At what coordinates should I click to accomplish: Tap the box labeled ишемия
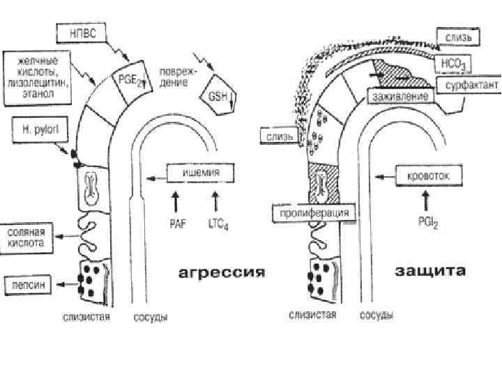pos(201,173)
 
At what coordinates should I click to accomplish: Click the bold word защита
pos(430,270)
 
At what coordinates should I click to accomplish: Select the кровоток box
pos(428,175)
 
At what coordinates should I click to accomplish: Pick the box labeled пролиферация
pos(312,212)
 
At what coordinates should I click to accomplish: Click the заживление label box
pos(400,95)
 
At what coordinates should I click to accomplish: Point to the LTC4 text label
pos(218,224)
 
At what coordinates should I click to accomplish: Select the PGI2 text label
pos(427,223)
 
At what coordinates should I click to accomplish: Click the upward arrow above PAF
pos(175,202)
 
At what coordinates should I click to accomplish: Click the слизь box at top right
pos(457,35)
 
